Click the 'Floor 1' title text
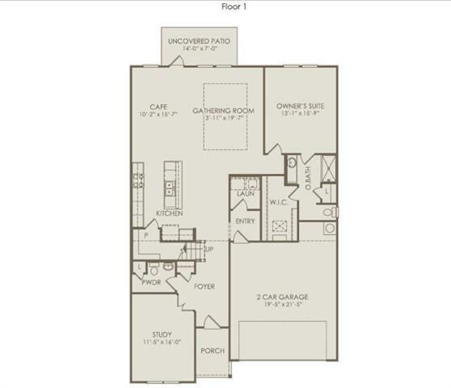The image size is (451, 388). coord(234,6)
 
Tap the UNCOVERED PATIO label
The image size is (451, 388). coord(198,40)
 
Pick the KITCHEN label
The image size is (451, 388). coord(169,213)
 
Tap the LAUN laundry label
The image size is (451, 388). coord(244,195)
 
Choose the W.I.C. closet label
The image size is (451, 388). coord(279,202)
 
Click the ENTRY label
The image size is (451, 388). coord(245,221)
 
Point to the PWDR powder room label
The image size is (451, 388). coord(152,283)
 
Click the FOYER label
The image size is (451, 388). coord(204,287)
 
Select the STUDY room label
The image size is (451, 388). coord(162,334)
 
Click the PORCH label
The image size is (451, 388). coord(213,351)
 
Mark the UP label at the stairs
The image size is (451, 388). coord(209,249)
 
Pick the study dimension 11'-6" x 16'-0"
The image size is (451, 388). coord(162,343)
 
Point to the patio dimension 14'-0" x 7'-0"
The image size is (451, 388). coord(198,49)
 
